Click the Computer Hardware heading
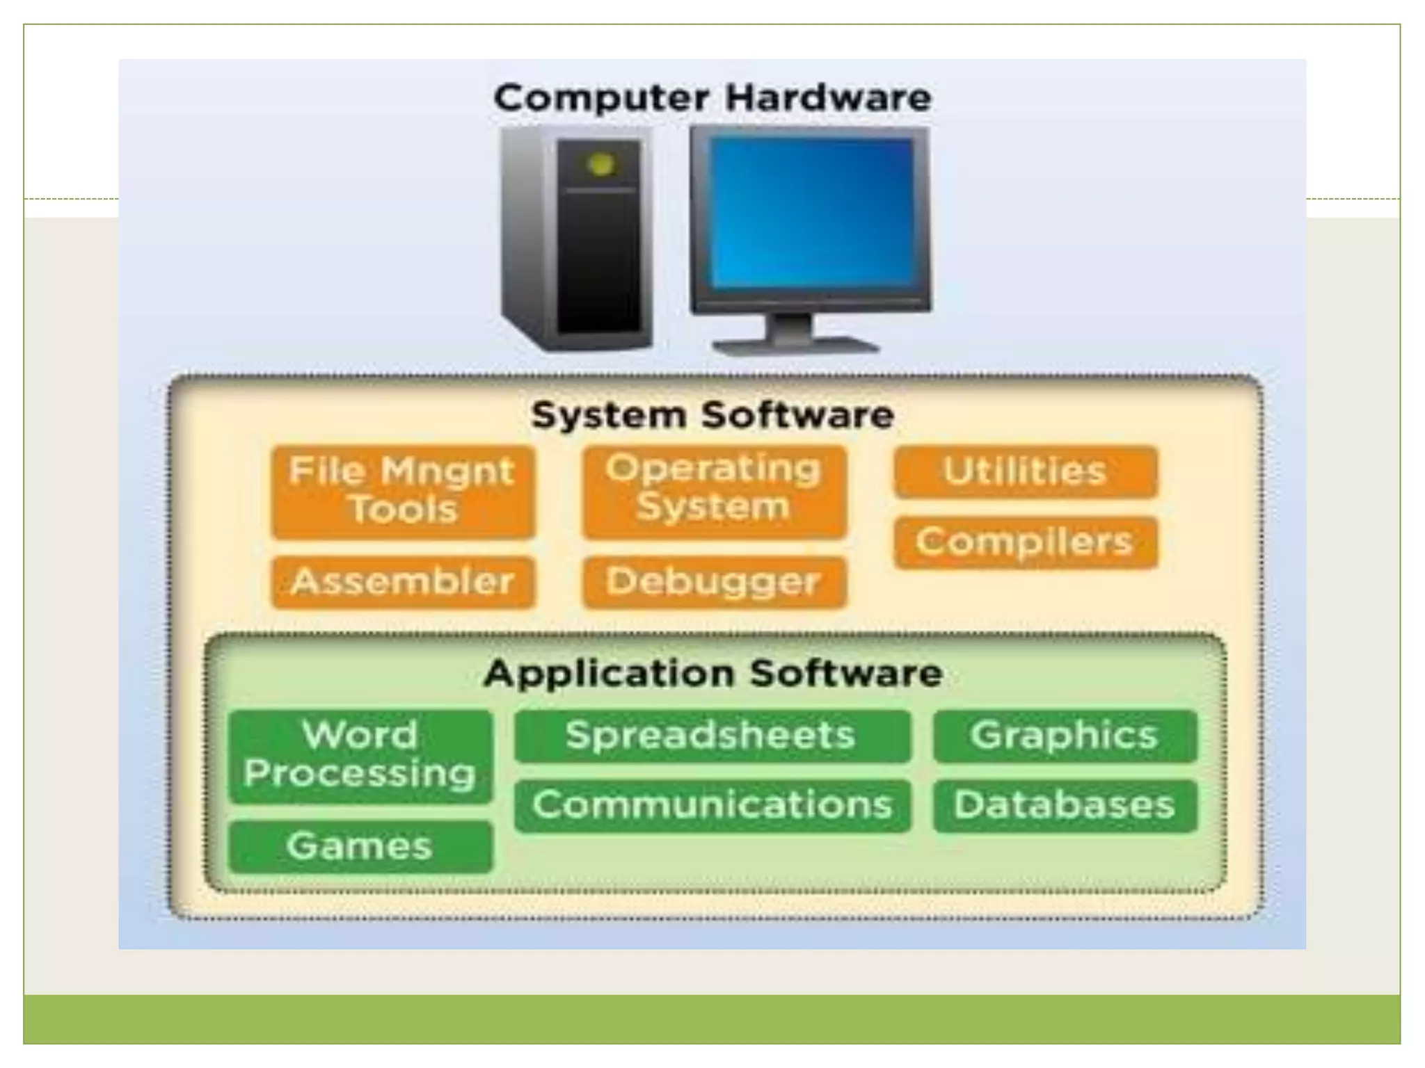pos(712,97)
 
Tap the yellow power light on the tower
pos(600,165)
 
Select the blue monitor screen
pos(810,213)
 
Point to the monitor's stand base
pos(796,345)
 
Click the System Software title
pos(712,416)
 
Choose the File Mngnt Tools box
pos(403,492)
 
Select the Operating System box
pos(715,490)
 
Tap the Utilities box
pos(1026,472)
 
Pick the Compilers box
pos(1026,542)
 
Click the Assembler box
pos(403,582)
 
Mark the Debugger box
pos(715,582)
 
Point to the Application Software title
pos(713,674)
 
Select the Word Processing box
pos(360,756)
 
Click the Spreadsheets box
pos(712,736)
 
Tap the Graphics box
pos(1065,736)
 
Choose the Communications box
pos(712,805)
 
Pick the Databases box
pos(1065,805)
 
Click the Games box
pos(360,846)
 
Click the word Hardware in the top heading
pos(828,97)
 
